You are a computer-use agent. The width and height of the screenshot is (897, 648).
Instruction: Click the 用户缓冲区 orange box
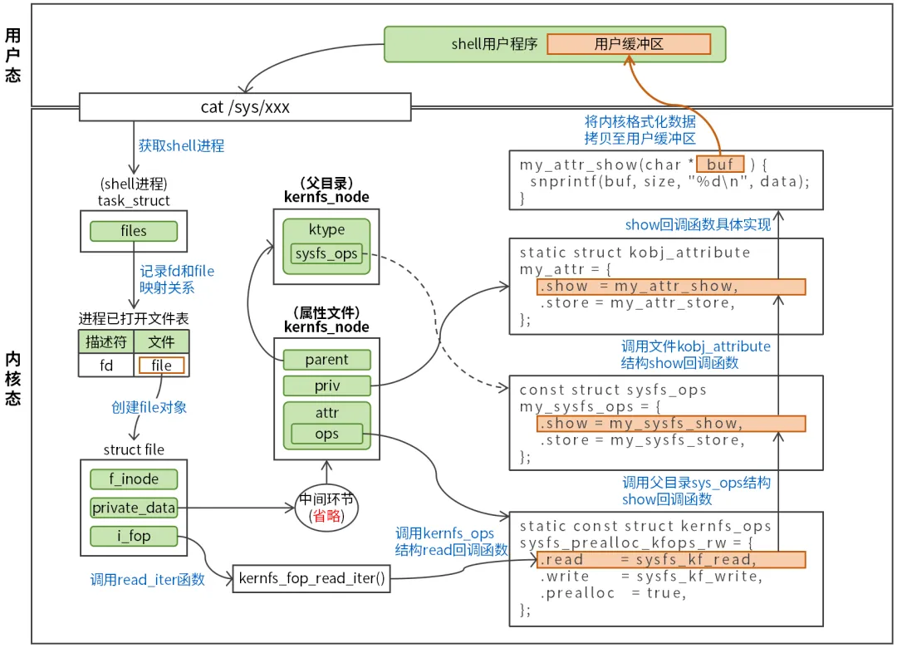[x=629, y=44]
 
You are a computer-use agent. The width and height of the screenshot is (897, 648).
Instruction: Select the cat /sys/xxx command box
[x=245, y=106]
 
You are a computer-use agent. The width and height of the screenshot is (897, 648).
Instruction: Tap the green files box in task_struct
[x=133, y=231]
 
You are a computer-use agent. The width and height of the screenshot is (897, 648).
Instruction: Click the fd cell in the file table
[x=105, y=366]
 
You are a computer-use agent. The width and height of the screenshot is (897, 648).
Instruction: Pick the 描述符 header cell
[x=105, y=341]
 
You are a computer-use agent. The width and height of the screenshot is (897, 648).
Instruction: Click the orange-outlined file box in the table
[x=162, y=366]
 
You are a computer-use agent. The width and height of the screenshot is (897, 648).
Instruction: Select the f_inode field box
[x=134, y=479]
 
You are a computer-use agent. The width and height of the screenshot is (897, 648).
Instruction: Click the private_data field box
[x=134, y=508]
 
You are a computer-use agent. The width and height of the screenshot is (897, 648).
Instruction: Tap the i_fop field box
[x=134, y=536]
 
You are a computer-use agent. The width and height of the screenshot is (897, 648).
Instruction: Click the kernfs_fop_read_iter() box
[x=311, y=578]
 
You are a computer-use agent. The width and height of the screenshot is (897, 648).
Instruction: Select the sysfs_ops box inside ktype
[x=326, y=253]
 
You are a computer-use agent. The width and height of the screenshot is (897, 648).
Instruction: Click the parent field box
[x=326, y=360]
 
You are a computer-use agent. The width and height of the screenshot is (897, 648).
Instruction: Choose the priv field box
[x=326, y=385]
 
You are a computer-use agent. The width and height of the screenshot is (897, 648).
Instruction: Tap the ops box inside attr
[x=326, y=434]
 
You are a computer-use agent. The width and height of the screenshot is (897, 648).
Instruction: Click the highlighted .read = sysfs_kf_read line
[x=671, y=559]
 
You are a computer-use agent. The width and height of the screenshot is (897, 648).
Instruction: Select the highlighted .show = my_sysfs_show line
[x=671, y=424]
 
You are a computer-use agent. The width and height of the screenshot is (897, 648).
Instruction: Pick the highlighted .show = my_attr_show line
[x=671, y=287]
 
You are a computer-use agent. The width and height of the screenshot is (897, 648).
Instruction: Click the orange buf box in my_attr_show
[x=719, y=164]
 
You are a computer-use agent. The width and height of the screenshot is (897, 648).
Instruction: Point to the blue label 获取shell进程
[x=181, y=145]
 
